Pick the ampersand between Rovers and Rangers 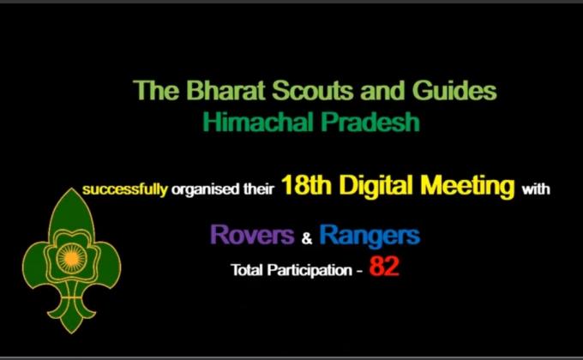[305, 237]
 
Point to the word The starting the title [151, 90]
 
